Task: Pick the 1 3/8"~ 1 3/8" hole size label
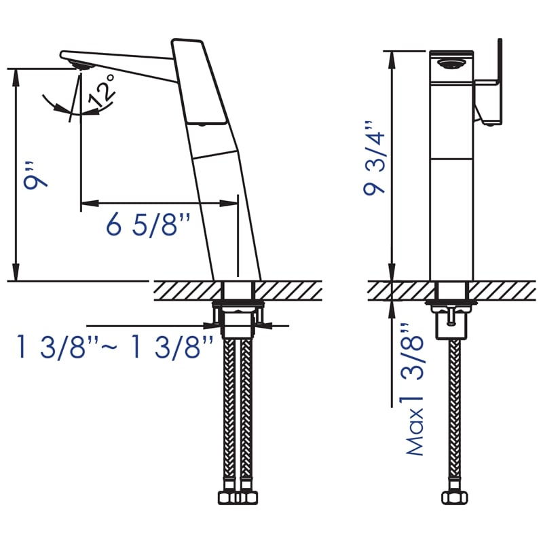click(x=115, y=348)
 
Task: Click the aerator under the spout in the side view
click(x=83, y=65)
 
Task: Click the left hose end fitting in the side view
click(x=229, y=498)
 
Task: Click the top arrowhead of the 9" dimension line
click(x=16, y=73)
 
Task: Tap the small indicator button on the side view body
click(x=201, y=125)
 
